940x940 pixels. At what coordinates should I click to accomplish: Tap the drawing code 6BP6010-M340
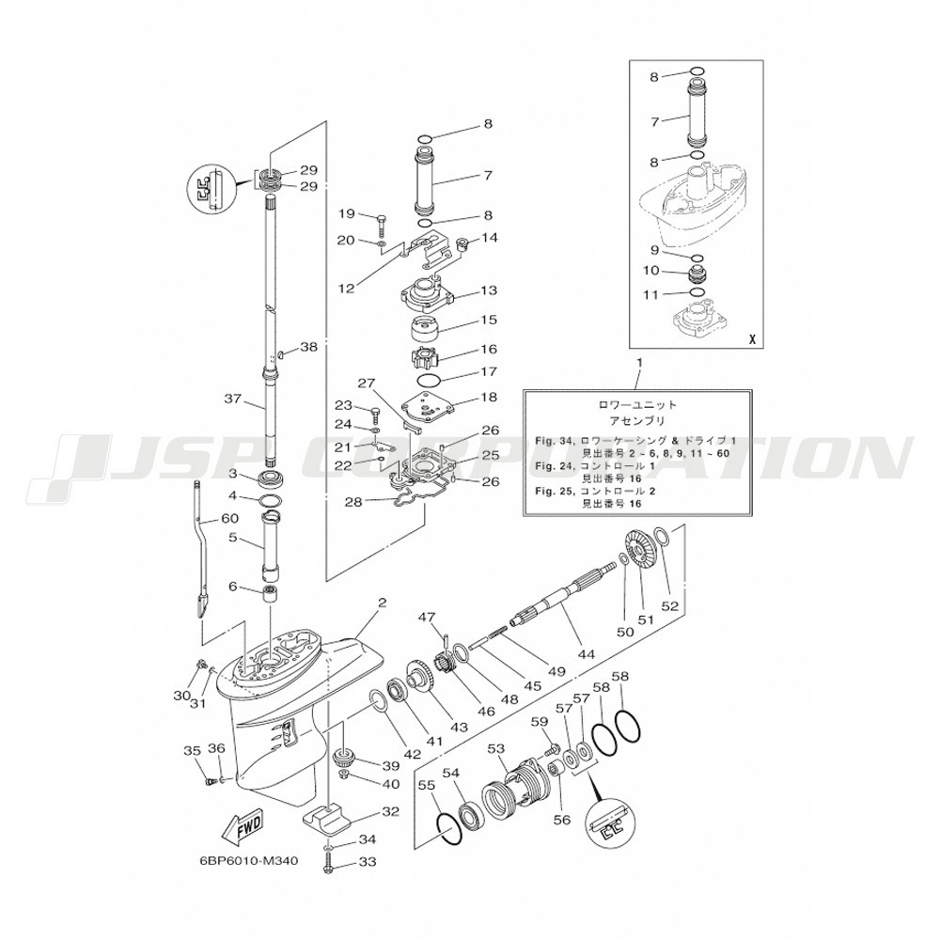(x=248, y=860)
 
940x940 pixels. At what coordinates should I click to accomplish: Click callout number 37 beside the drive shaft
(x=234, y=398)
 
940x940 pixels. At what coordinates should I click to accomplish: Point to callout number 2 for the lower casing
(x=382, y=603)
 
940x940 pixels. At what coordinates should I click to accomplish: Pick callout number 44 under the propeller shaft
(x=586, y=655)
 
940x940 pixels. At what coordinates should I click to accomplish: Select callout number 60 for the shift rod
(x=230, y=518)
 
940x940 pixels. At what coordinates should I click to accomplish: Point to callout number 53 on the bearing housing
(x=496, y=749)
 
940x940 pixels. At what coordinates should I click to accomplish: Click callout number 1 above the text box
(x=639, y=362)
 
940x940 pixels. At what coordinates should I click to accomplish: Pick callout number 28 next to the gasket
(x=353, y=502)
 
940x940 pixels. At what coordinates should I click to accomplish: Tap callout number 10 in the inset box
(x=651, y=271)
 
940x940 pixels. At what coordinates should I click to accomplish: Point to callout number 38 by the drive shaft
(x=309, y=347)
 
